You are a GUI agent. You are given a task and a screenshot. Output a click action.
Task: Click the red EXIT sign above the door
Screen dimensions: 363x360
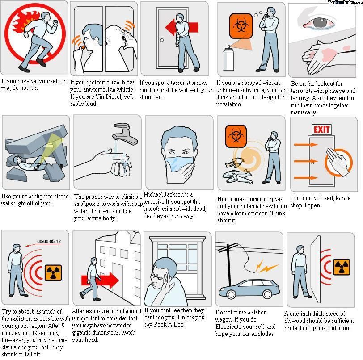pyautogui.click(x=321, y=130)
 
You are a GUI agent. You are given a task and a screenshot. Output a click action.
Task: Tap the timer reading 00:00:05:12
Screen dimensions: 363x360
pyautogui.click(x=49, y=241)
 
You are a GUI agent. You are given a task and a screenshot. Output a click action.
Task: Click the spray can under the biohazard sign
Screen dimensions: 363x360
pyautogui.click(x=228, y=59)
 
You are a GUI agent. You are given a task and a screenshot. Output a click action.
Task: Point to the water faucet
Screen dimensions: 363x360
pyautogui.click(x=125, y=134)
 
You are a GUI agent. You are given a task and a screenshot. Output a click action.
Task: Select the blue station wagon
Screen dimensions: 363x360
pyautogui.click(x=249, y=289)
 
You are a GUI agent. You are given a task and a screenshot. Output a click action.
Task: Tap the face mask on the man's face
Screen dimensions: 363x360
pyautogui.click(x=179, y=164)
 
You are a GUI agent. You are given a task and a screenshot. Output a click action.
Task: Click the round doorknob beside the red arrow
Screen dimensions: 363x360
pyautogui.click(x=162, y=40)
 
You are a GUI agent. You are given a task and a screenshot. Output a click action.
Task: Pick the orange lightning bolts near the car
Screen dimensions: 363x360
pyautogui.click(x=266, y=266)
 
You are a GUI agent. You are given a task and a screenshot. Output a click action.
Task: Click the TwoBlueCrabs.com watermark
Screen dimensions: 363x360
pyautogui.click(x=345, y=2)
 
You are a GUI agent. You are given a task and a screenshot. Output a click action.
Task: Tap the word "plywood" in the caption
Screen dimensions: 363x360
pyautogui.click(x=295, y=321)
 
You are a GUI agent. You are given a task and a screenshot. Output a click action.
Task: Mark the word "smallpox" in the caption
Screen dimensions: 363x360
pyautogui.click(x=85, y=204)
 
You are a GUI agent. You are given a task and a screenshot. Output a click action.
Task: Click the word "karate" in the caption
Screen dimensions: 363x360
pyautogui.click(x=343, y=198)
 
